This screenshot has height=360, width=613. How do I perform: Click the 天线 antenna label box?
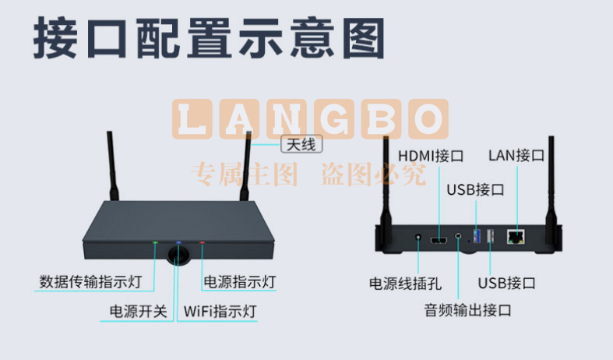pyautogui.click(x=301, y=144)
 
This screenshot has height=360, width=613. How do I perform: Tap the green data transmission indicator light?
pyautogui.click(x=155, y=242)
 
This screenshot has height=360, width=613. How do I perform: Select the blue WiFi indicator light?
pyautogui.click(x=178, y=242)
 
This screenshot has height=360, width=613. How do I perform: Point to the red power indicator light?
pyautogui.click(x=202, y=242)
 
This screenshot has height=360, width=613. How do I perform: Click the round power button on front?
pyautogui.click(x=178, y=255)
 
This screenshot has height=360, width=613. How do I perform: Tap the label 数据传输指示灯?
pyautogui.click(x=90, y=282)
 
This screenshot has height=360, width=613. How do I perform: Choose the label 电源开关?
pyautogui.click(x=138, y=312)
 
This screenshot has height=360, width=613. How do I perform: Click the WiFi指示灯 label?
pyautogui.click(x=220, y=312)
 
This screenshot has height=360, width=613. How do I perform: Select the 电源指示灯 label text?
pyautogui.click(x=240, y=282)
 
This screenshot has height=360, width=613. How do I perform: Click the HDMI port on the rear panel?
pyautogui.click(x=439, y=239)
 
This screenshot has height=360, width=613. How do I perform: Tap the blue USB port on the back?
pyautogui.click(x=477, y=236)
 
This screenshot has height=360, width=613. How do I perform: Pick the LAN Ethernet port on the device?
pyautogui.click(x=516, y=237)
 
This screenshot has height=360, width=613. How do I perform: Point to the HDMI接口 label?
pyautogui.click(x=431, y=156)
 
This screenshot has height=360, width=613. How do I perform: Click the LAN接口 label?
pyautogui.click(x=516, y=155)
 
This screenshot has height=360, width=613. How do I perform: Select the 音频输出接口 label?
pyautogui.click(x=467, y=310)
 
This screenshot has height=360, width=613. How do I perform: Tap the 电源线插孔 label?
pyautogui.click(x=405, y=284)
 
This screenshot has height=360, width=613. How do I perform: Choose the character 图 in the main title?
pyautogui.click(x=364, y=38)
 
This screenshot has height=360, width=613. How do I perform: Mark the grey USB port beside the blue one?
pyautogui.click(x=490, y=236)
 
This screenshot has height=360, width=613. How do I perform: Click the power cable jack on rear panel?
pyautogui.click(x=418, y=237)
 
